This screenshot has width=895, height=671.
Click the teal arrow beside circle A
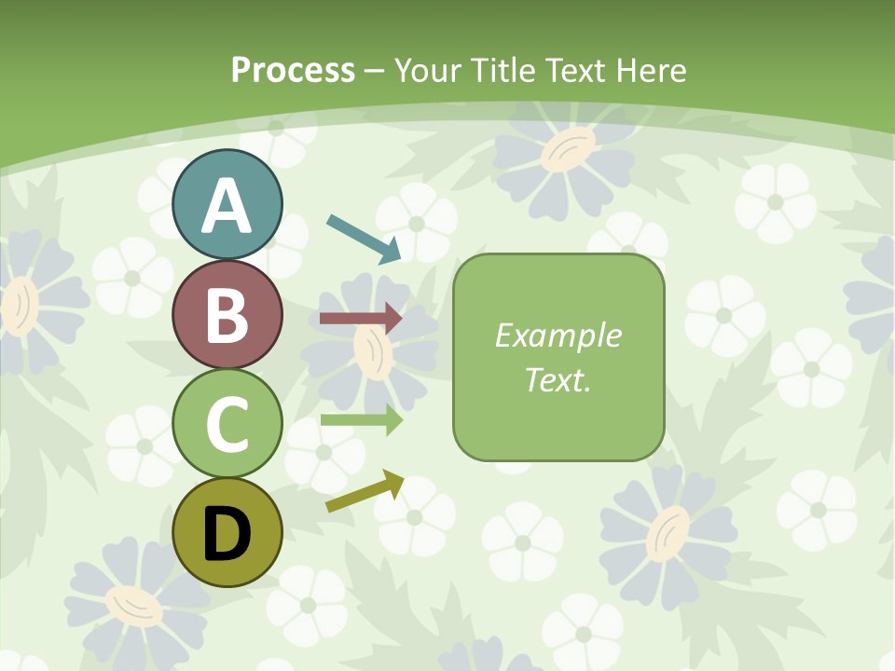[364, 238]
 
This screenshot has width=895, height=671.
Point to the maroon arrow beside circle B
[361, 319]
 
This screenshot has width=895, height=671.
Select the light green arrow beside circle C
[361, 419]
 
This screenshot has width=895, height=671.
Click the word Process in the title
[293, 70]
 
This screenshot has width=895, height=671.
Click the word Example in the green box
[558, 335]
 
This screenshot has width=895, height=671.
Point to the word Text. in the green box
[558, 379]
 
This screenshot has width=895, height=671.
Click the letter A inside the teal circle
[227, 206]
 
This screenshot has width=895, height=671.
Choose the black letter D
[227, 534]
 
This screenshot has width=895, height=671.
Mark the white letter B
[227, 315]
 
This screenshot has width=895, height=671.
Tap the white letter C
[227, 424]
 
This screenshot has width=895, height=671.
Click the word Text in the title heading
[575, 70]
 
